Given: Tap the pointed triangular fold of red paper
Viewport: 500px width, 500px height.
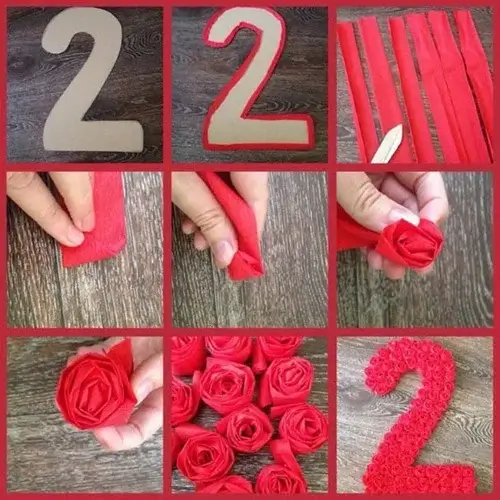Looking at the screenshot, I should [246, 265].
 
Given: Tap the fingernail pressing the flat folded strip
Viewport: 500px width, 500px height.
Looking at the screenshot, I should [69, 235].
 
